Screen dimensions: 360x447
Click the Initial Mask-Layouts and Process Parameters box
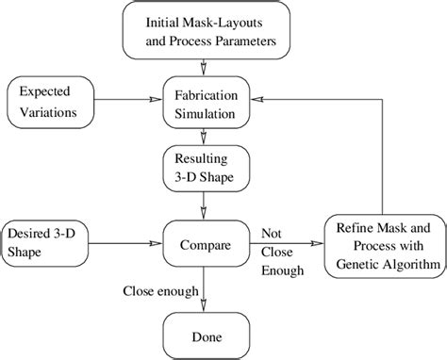(203, 30)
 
